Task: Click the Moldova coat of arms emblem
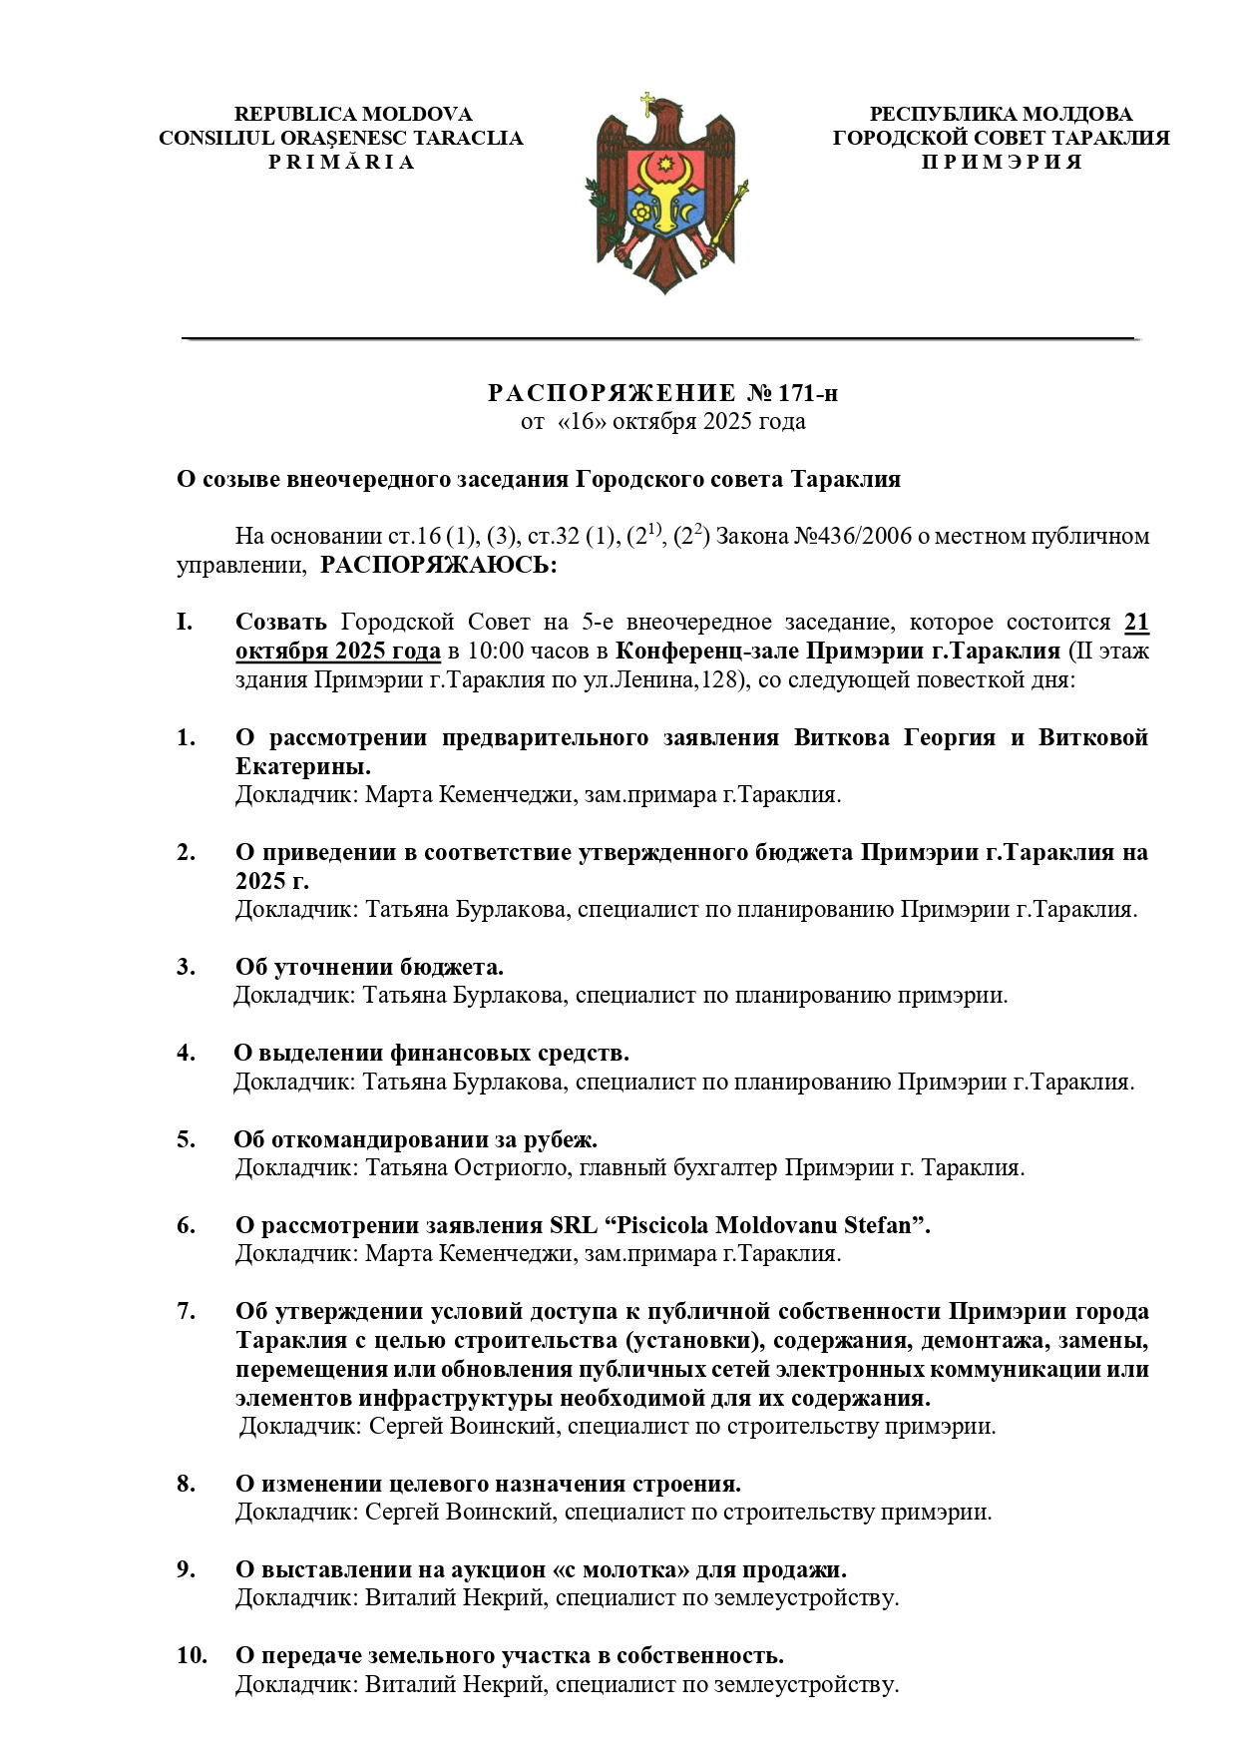pyautogui.click(x=665, y=196)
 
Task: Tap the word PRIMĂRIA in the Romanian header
pyautogui.click(x=341, y=162)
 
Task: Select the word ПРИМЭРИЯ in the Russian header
pyautogui.click(x=1001, y=162)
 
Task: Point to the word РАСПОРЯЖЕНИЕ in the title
pyautogui.click(x=611, y=393)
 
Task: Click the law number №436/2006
pyautogui.click(x=852, y=537)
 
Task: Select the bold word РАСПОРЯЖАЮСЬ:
pyautogui.click(x=439, y=566)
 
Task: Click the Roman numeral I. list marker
pyautogui.click(x=185, y=623)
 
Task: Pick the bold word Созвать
pyautogui.click(x=280, y=623)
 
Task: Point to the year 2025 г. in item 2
pyautogui.click(x=272, y=881)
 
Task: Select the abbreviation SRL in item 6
pyautogui.click(x=575, y=1225)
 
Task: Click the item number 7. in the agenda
pyautogui.click(x=187, y=1311)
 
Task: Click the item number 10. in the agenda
pyautogui.click(x=192, y=1655)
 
